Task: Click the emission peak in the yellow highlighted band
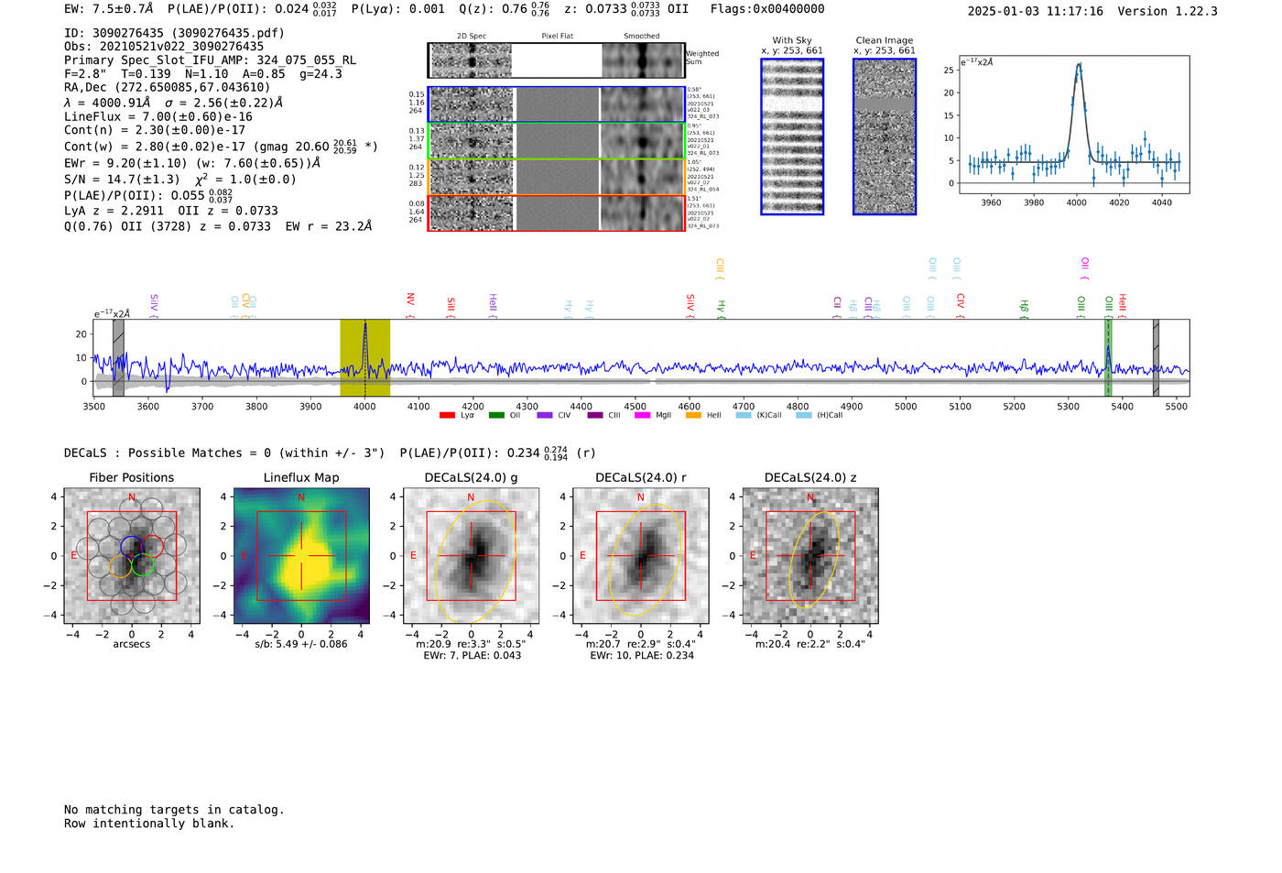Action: pyautogui.click(x=364, y=325)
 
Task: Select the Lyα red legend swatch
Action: pyautogui.click(x=447, y=416)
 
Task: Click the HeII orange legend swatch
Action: pyautogui.click(x=693, y=416)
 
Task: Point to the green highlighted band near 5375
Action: pyautogui.click(x=1108, y=357)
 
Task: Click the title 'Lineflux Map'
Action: pyautogui.click(x=301, y=477)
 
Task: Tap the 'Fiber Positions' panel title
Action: pyautogui.click(x=132, y=477)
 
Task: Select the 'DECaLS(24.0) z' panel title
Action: pyautogui.click(x=810, y=477)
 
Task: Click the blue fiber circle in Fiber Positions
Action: pyautogui.click(x=132, y=548)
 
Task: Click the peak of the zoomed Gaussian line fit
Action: pyautogui.click(x=1079, y=64)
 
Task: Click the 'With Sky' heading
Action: pyautogui.click(x=792, y=40)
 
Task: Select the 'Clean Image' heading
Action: pyautogui.click(x=884, y=40)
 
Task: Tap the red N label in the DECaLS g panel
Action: pyautogui.click(x=471, y=497)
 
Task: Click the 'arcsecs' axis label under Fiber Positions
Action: pyautogui.click(x=132, y=644)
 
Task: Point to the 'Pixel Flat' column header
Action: pyautogui.click(x=557, y=36)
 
